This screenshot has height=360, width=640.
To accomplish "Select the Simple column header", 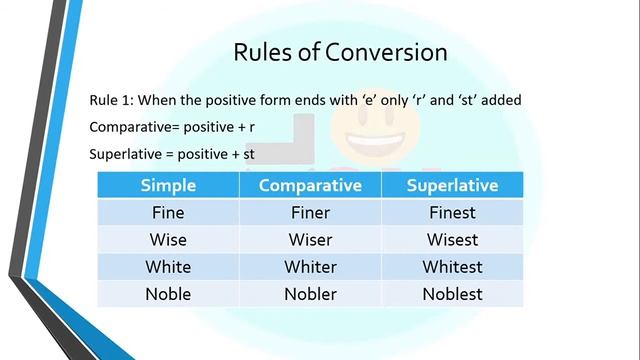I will click(x=168, y=185).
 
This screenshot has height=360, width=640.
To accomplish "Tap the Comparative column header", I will click(x=310, y=185).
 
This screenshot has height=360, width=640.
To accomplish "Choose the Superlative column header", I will click(x=452, y=185).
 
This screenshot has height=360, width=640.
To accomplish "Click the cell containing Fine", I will click(x=168, y=212).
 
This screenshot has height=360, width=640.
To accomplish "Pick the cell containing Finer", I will click(x=310, y=212).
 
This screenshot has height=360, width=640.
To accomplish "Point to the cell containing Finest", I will click(x=452, y=212).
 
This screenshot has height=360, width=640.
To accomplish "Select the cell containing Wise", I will click(x=168, y=240).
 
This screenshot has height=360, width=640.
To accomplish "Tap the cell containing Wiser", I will click(x=310, y=240).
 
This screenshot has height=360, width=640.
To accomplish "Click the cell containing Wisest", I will click(x=452, y=240).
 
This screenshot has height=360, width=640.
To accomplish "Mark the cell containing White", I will click(x=168, y=267).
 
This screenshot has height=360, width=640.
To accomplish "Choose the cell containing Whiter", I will click(x=310, y=267).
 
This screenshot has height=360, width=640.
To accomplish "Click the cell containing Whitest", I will click(x=452, y=267).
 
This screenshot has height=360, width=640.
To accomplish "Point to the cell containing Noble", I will click(x=168, y=294).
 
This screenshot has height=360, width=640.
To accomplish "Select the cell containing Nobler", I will click(x=310, y=294).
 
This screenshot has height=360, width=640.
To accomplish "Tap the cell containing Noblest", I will click(x=452, y=294).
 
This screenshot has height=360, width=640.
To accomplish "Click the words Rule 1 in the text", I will click(x=111, y=100).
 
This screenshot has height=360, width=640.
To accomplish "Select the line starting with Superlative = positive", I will click(x=172, y=155).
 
